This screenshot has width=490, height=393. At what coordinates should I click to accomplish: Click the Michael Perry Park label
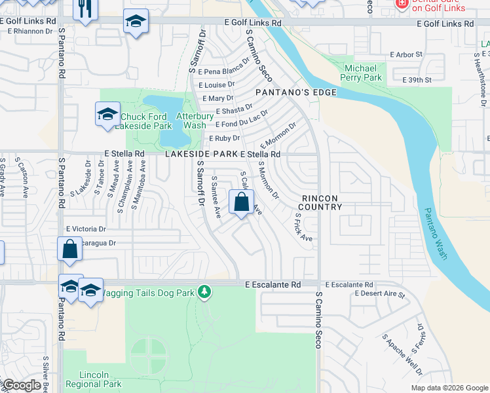click(x=361, y=73)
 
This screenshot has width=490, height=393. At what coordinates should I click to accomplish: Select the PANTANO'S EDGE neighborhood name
click(x=295, y=92)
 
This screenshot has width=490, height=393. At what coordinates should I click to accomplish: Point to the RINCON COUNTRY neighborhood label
click(x=322, y=202)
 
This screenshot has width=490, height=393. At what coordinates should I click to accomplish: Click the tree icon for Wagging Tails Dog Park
click(x=204, y=291)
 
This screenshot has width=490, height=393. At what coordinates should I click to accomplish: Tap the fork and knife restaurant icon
click(x=86, y=10)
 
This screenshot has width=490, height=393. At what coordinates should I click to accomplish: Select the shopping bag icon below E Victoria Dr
click(x=69, y=250)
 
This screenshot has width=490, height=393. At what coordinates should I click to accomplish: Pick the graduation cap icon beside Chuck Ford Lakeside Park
click(x=107, y=115)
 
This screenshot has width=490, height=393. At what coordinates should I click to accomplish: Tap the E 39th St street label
click(x=417, y=80)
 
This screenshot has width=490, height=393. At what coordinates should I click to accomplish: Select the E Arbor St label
click(x=407, y=54)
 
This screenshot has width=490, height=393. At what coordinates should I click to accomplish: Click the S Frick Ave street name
click(x=303, y=227)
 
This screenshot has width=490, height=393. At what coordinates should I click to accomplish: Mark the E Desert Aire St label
click(x=379, y=295)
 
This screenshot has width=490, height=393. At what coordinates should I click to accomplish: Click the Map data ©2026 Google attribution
click(x=449, y=388)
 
